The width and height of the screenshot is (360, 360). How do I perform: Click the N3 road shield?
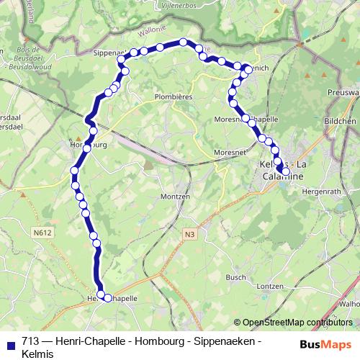pyautogui.click(x=189, y=234)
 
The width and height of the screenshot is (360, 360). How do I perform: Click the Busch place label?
pyautogui.click(x=236, y=277)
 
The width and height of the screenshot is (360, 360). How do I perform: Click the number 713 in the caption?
pyautogui.click(x=30, y=341)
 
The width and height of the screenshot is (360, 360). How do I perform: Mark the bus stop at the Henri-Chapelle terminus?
pyautogui.click(x=108, y=297)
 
